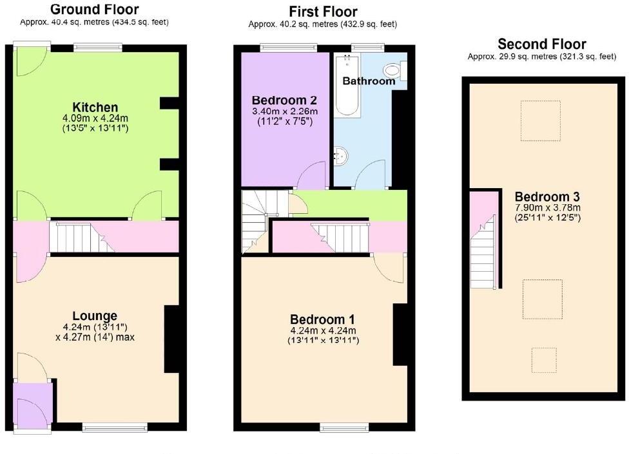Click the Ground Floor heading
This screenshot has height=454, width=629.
click(x=94, y=9)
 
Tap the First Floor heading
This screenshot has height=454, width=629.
click(x=323, y=12)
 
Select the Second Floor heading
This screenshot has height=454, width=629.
click(x=541, y=44)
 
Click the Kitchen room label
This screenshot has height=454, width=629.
click(x=95, y=107)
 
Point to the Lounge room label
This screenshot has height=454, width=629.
click(x=95, y=316)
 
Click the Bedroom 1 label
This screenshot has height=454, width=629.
click(x=322, y=319)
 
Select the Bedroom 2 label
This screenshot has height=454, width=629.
click(x=284, y=100)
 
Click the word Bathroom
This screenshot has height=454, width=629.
click(x=368, y=81)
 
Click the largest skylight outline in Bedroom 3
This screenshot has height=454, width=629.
click(x=542, y=299)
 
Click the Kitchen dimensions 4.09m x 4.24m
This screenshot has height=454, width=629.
click(x=95, y=118)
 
